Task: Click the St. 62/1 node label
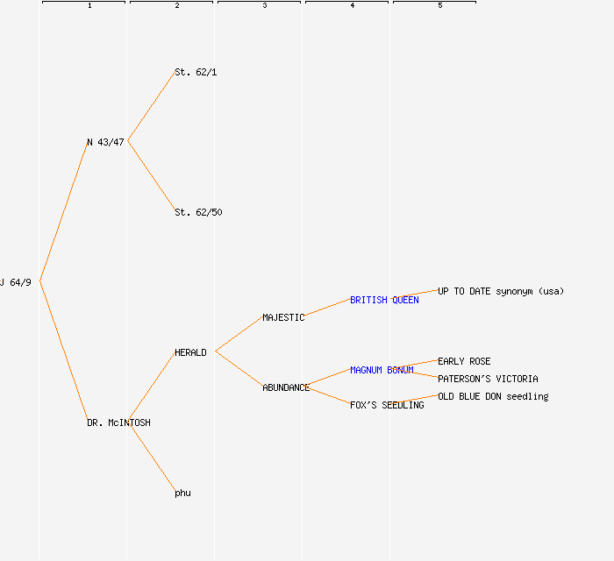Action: [x=196, y=72]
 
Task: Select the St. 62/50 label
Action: [x=198, y=212]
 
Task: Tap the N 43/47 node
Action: [x=105, y=142]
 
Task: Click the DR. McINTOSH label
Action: [x=118, y=423]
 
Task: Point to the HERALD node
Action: [x=190, y=352]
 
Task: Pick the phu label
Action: [x=182, y=493]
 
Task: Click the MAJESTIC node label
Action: [x=283, y=317]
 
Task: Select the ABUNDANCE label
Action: [x=286, y=387]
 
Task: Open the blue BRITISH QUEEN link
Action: [x=384, y=300]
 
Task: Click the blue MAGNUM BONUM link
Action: [x=382, y=370]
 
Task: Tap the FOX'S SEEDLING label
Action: [x=387, y=405]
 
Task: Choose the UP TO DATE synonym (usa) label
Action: [x=501, y=291]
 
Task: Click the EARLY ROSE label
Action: [x=464, y=361]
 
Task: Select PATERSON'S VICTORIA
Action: [x=488, y=379]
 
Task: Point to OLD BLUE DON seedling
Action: [x=493, y=396]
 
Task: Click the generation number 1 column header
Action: [x=89, y=5]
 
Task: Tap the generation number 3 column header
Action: [x=265, y=5]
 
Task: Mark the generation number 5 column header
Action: [x=440, y=5]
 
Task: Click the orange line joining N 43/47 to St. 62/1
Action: [x=152, y=106]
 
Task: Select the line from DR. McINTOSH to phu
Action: [x=152, y=457]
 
